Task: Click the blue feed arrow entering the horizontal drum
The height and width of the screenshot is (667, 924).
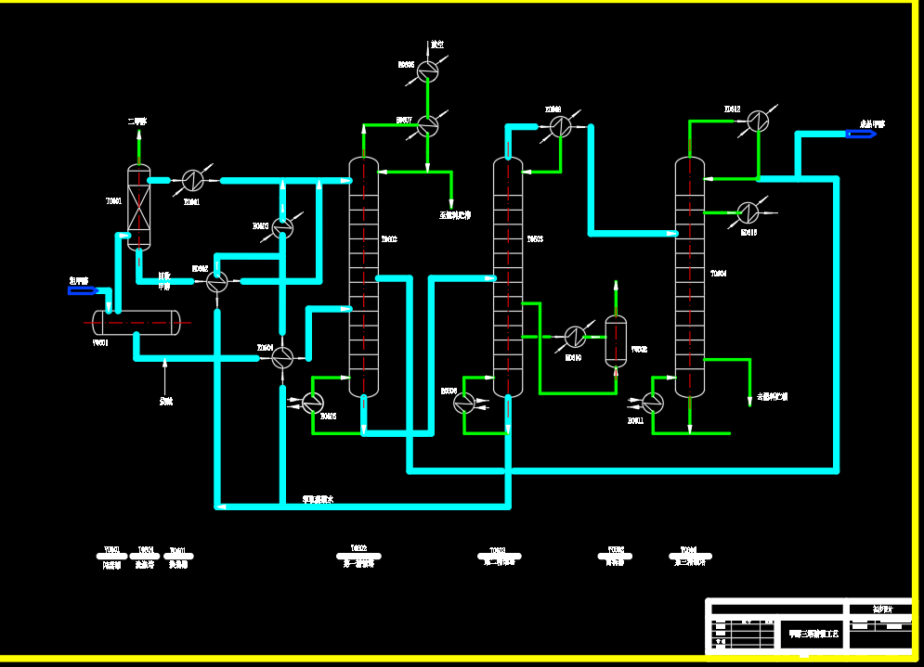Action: [x=83, y=291]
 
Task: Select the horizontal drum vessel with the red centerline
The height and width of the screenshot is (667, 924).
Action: [x=137, y=322]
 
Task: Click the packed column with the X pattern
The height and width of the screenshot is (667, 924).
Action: [x=138, y=207]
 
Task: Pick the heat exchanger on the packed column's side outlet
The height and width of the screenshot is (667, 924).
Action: [x=192, y=179]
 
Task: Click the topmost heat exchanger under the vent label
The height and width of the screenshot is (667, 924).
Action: [x=427, y=71]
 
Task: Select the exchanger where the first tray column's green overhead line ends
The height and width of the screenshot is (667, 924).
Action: [x=427, y=124]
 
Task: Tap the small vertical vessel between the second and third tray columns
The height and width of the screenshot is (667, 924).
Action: [x=616, y=341]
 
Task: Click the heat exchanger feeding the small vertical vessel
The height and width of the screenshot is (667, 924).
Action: [x=576, y=336]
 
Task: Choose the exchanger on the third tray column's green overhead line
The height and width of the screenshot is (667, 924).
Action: [x=759, y=121]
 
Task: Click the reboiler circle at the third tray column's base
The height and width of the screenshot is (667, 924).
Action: [x=653, y=403]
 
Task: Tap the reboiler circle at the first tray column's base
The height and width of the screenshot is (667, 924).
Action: [x=313, y=402]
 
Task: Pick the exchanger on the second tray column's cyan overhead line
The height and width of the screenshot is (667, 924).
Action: [x=559, y=125]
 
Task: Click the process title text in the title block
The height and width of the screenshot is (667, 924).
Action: [x=814, y=635]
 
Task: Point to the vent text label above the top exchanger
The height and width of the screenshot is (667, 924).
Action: [x=436, y=45]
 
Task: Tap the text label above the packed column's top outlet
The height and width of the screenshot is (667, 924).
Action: [x=137, y=122]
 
